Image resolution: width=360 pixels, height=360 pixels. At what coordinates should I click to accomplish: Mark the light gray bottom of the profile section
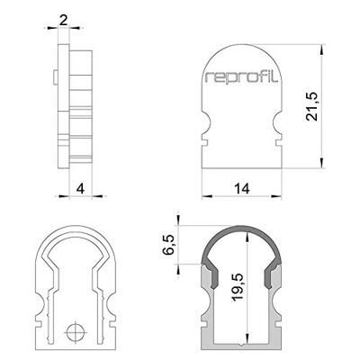[240, 344]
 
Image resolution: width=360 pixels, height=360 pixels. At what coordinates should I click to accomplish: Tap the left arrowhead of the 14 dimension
[204, 194]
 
